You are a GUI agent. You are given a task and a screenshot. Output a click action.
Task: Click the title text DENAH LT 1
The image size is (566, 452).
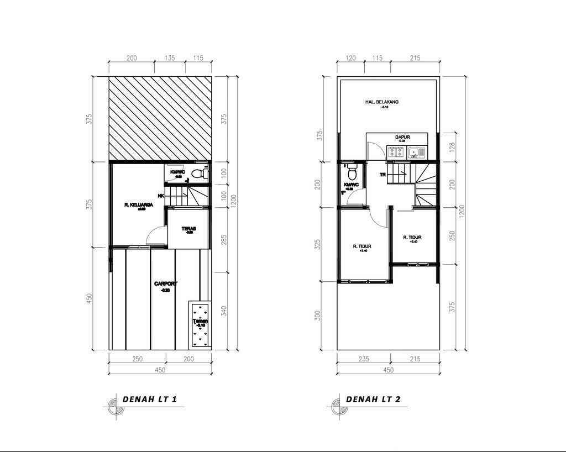click(149, 399)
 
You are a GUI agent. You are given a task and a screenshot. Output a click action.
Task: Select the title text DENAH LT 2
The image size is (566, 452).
click(373, 399)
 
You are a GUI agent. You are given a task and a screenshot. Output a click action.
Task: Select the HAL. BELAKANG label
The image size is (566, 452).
click(382, 102)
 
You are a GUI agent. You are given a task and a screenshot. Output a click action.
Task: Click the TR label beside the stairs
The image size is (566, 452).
click(382, 175)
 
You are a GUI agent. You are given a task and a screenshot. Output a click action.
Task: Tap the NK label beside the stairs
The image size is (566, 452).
click(161, 196)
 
